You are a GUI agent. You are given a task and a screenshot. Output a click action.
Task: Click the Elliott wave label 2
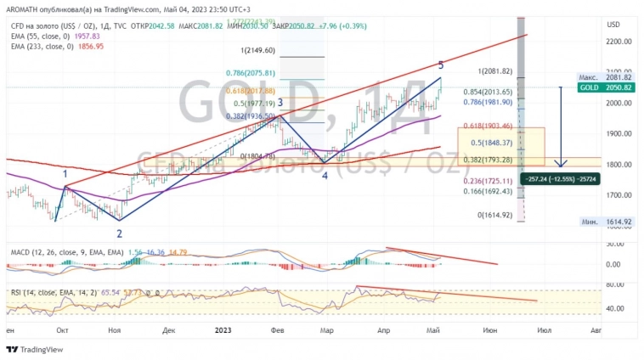coord(119,233)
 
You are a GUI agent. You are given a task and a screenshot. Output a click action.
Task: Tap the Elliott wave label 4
coord(325,175)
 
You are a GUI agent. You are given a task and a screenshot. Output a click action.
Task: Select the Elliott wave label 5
coord(440,65)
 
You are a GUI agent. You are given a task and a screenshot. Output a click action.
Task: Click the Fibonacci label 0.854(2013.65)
coord(488,92)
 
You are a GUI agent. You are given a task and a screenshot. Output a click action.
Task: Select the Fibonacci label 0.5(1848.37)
coord(489,143)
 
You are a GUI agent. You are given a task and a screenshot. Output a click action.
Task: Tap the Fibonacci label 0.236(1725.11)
coord(488,181)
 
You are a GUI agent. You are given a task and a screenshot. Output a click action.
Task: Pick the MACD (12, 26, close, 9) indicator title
coord(67,253)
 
